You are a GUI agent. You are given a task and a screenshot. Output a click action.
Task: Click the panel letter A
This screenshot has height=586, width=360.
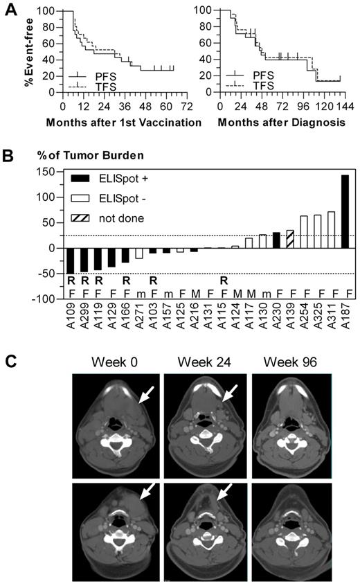tap(11, 12)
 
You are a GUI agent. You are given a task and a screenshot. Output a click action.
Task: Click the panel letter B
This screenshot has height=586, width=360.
tap(11, 152)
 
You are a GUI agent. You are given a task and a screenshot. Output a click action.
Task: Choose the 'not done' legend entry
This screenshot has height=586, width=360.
tap(111, 218)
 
